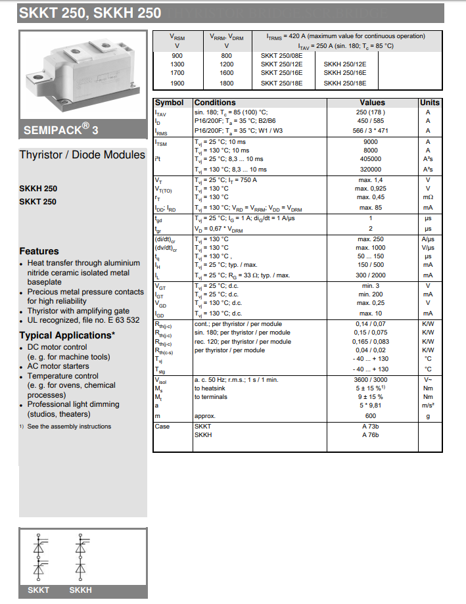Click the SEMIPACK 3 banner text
[61, 130]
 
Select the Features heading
[39, 251]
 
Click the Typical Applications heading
[67, 335]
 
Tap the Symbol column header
[169, 103]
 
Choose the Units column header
[429, 103]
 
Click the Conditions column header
[215, 103]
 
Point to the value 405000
[371, 159]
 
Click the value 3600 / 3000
[371, 379]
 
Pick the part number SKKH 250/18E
[345, 83]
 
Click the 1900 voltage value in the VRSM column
[177, 83]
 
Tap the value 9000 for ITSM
[371, 141]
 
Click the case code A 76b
[371, 435]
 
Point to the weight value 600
[371, 416]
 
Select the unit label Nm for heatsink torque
[429, 388]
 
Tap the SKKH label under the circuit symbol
[80, 591]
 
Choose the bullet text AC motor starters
[58, 366]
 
